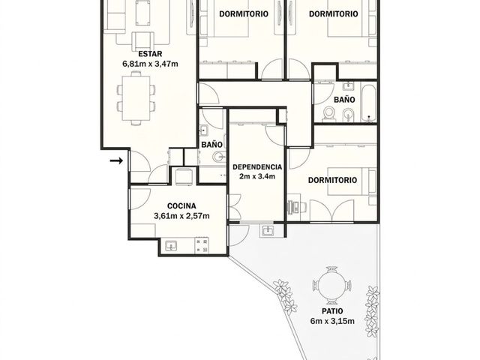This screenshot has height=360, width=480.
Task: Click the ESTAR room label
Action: [150, 54]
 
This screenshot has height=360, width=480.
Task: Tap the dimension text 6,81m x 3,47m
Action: [150, 64]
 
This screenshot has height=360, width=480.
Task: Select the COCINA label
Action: [181, 206]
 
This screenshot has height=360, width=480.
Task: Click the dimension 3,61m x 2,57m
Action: [181, 216]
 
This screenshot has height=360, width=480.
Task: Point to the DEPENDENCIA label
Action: [257, 167]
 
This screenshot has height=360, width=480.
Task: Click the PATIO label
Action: [332, 311]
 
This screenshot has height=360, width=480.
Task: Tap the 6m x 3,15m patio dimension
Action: [332, 321]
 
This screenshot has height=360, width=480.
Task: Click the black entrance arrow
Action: [116, 160]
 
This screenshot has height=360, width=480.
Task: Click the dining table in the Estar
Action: [136, 98]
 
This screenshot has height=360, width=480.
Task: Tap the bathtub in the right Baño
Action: [368, 101]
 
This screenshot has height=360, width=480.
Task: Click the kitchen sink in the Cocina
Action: [171, 246]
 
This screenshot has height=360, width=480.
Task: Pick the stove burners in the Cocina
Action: [202, 246]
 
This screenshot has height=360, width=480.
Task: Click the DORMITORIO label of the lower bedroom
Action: [332, 180]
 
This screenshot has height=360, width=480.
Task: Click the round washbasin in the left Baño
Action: [220, 157]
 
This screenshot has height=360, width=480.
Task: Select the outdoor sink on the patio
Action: [268, 230]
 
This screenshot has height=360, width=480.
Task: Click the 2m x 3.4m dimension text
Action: [257, 177]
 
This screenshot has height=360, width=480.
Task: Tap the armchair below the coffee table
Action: [143, 40]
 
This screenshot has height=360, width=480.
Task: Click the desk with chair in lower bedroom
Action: [295, 207]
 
